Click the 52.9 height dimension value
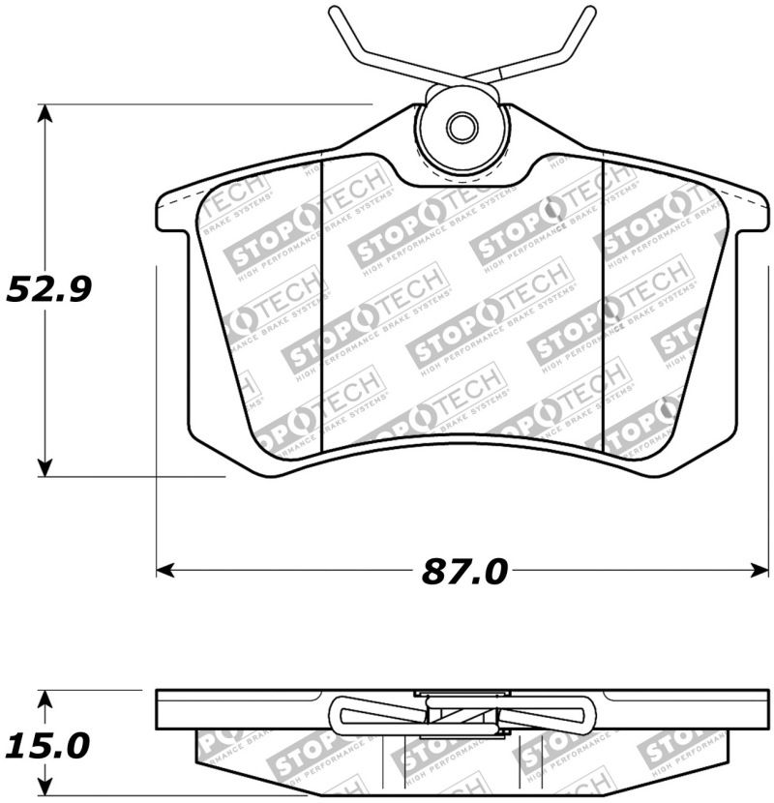pos(48,288)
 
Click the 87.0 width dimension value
pos(464,571)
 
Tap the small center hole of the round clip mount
pos(462,127)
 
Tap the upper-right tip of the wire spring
pos(590,11)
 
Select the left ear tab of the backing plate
pos(174,215)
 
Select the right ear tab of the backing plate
pos(751,215)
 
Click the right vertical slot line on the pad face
pos(604,305)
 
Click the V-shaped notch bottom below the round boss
pos(462,182)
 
